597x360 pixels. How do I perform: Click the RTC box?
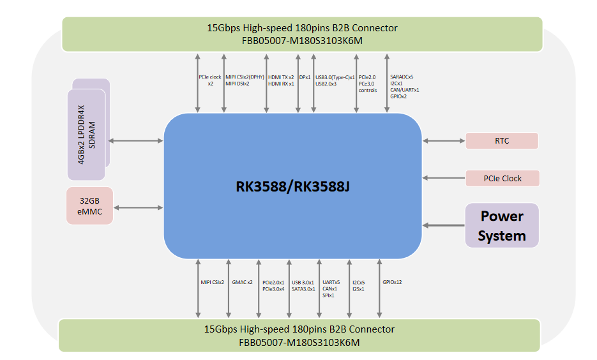click(x=502, y=141)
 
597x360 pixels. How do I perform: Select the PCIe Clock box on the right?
click(x=503, y=178)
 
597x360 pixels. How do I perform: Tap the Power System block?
click(x=502, y=225)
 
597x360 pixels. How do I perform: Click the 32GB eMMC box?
click(x=89, y=206)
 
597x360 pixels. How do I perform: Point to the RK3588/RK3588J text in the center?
click(x=293, y=186)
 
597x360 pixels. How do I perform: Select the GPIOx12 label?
click(x=392, y=282)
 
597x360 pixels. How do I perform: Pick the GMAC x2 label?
click(x=242, y=282)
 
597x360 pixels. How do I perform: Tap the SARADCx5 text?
click(x=402, y=77)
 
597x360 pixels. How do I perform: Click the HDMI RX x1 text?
click(x=281, y=84)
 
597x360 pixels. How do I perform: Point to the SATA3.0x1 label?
click(x=304, y=289)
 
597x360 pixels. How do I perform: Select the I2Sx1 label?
click(x=359, y=289)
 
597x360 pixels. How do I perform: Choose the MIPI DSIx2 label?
click(x=238, y=84)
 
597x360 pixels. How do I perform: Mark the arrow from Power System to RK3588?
click(x=443, y=225)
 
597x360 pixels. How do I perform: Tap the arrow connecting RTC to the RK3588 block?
click(x=443, y=141)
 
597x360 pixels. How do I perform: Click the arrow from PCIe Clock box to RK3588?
click(x=443, y=178)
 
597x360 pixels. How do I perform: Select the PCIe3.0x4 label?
click(x=273, y=289)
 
